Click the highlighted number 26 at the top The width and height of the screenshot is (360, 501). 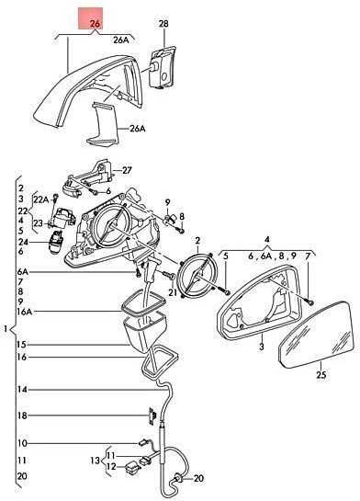[95, 23]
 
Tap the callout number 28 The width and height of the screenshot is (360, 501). [163, 24]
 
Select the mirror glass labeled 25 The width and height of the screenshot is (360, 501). [316, 335]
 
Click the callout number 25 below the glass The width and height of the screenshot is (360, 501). [321, 374]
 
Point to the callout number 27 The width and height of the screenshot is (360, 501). [127, 170]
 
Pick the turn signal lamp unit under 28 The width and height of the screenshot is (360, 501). [162, 67]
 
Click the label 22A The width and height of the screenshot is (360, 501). [41, 200]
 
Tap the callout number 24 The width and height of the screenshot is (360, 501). [23, 242]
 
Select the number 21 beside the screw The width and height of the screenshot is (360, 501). [173, 292]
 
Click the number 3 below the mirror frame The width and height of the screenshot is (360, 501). [262, 347]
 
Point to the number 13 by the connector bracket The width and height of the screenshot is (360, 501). [96, 461]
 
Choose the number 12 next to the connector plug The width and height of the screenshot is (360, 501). [111, 467]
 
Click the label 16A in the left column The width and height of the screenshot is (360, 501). [25, 312]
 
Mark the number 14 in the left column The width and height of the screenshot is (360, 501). [22, 390]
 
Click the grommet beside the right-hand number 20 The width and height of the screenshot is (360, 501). [178, 478]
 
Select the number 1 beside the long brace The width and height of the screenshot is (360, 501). [6, 328]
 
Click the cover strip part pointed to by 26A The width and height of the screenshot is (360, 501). [103, 125]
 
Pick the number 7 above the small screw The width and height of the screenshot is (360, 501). [308, 256]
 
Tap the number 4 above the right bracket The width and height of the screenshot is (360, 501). [267, 240]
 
